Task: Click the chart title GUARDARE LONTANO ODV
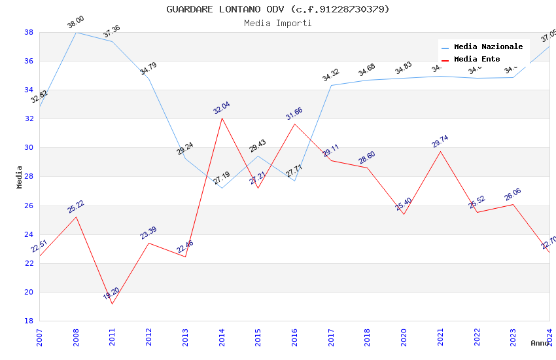pyautogui.click(x=277, y=9)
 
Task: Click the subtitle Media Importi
pyautogui.click(x=277, y=24)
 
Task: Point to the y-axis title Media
pyautogui.click(x=20, y=177)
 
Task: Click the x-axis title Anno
pyautogui.click(x=539, y=343)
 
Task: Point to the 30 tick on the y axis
pyautogui.click(x=29, y=148)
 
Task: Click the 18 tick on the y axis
pyautogui.click(x=29, y=321)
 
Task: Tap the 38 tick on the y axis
pyautogui.click(x=29, y=32)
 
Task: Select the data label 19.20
pyautogui.click(x=111, y=293)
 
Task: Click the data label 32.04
pyautogui.click(x=222, y=108)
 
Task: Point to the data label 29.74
pyautogui.click(x=440, y=141)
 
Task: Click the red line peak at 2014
pyautogui.click(x=222, y=118)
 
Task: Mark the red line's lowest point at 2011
pyautogui.click(x=113, y=304)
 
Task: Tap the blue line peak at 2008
pyautogui.click(x=77, y=32)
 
